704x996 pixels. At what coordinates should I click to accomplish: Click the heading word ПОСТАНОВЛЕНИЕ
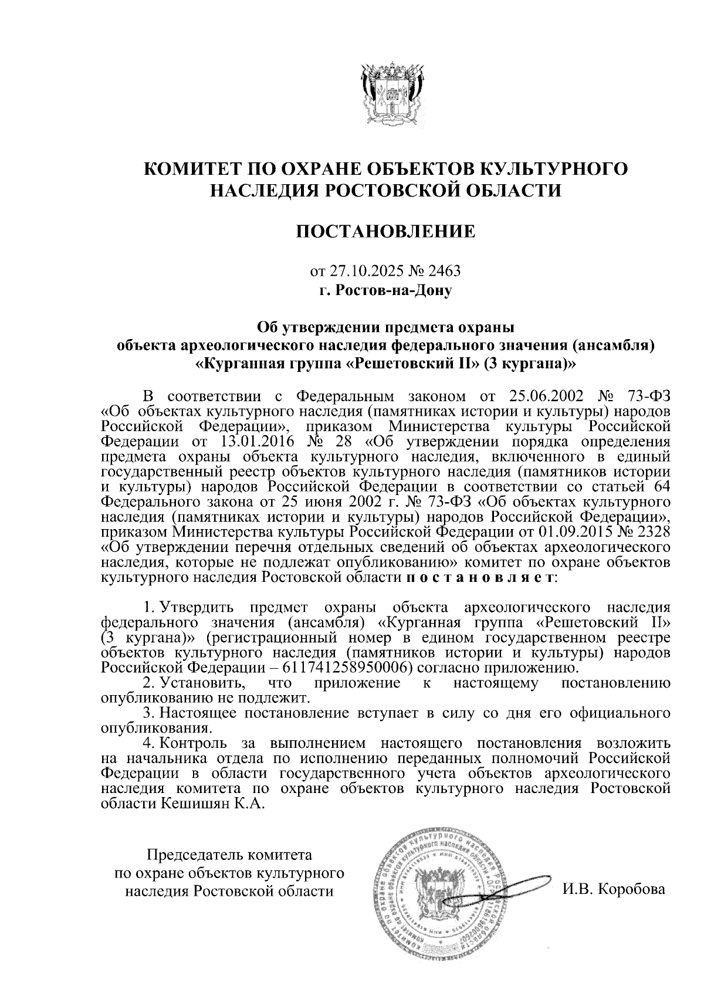(x=385, y=232)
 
